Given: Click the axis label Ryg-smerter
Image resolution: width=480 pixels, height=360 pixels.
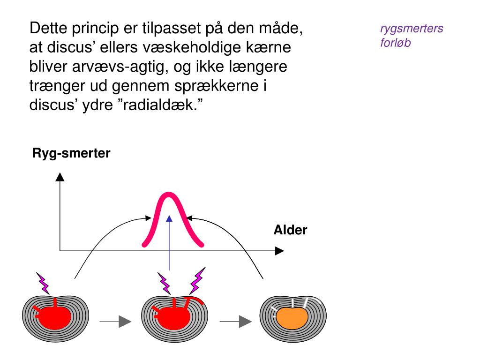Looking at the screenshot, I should pyautogui.click(x=71, y=153).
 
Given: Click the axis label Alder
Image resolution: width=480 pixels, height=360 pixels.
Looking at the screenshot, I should pyautogui.click(x=290, y=230).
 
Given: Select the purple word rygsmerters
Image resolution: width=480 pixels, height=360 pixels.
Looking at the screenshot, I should pyautogui.click(x=412, y=29).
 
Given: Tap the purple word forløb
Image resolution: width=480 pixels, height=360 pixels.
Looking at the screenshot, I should pyautogui.click(x=395, y=44).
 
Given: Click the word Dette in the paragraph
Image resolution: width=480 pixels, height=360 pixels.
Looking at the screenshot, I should pyautogui.click(x=48, y=29).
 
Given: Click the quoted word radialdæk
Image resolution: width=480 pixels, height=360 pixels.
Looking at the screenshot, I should pyautogui.click(x=159, y=104).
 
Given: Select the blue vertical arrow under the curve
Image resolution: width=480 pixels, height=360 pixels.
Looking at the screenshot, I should pyautogui.click(x=169, y=244).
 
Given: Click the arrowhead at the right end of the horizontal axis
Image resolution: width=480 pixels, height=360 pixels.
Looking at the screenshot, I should pyautogui.click(x=279, y=251).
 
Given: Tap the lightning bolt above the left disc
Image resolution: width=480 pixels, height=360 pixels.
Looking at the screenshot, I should pyautogui.click(x=43, y=283).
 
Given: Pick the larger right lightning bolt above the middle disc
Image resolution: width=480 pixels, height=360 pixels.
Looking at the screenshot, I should pyautogui.click(x=197, y=280).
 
